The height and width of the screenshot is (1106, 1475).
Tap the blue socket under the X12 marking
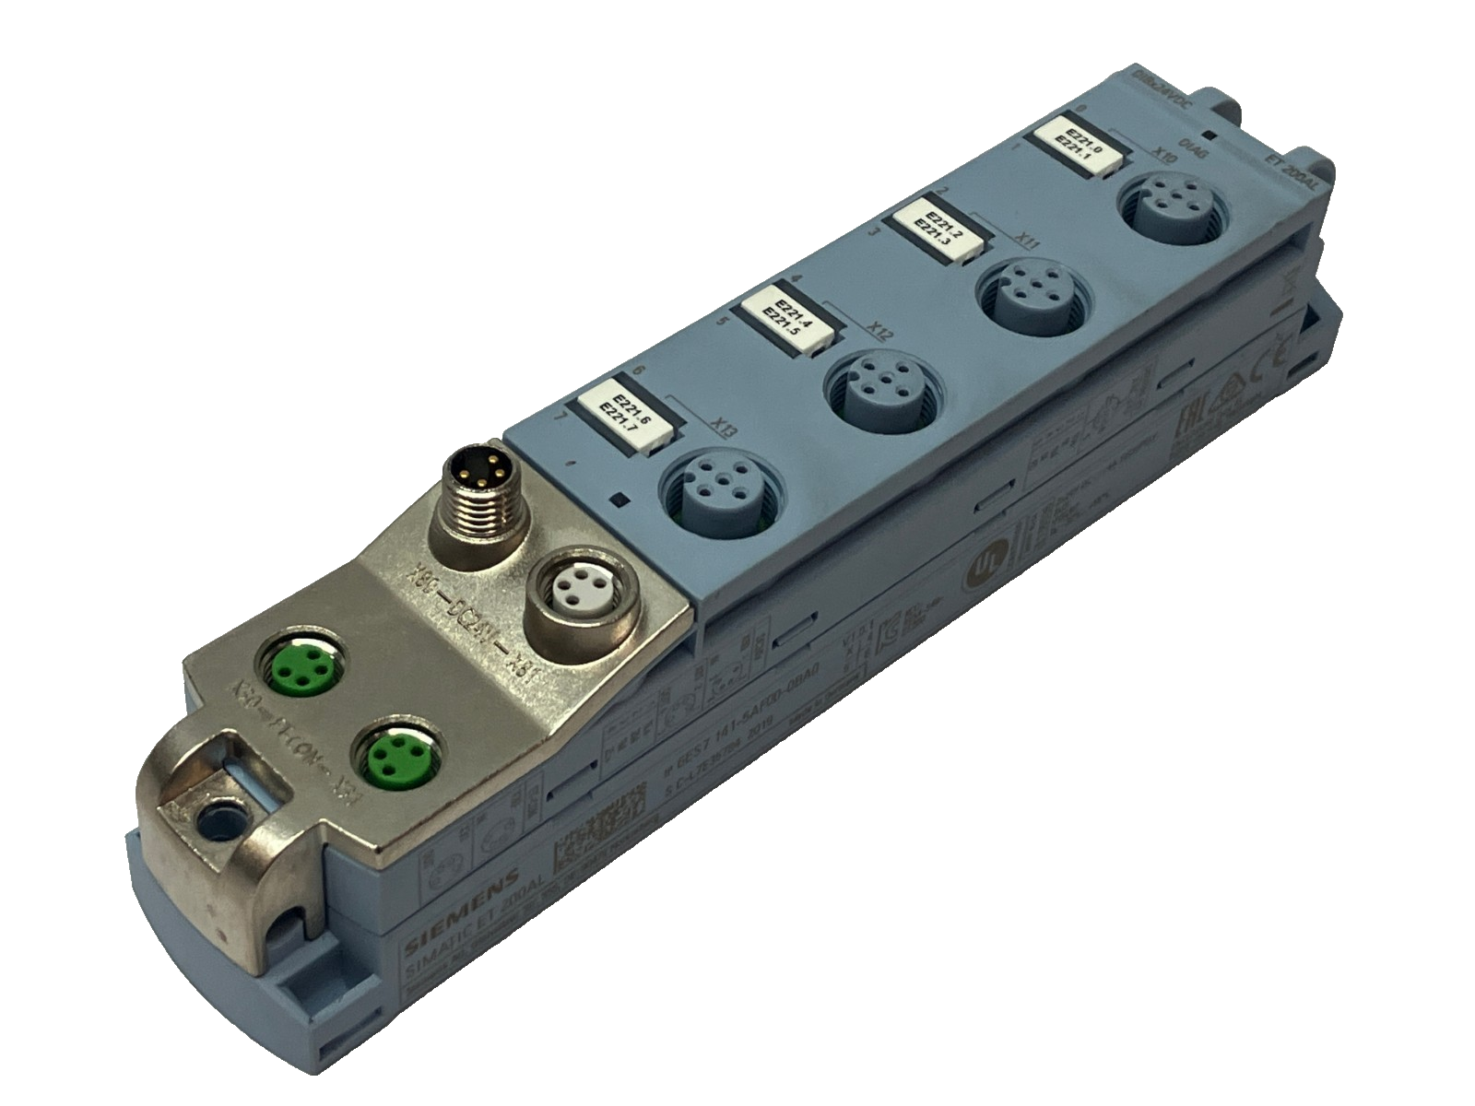point(873,391)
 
